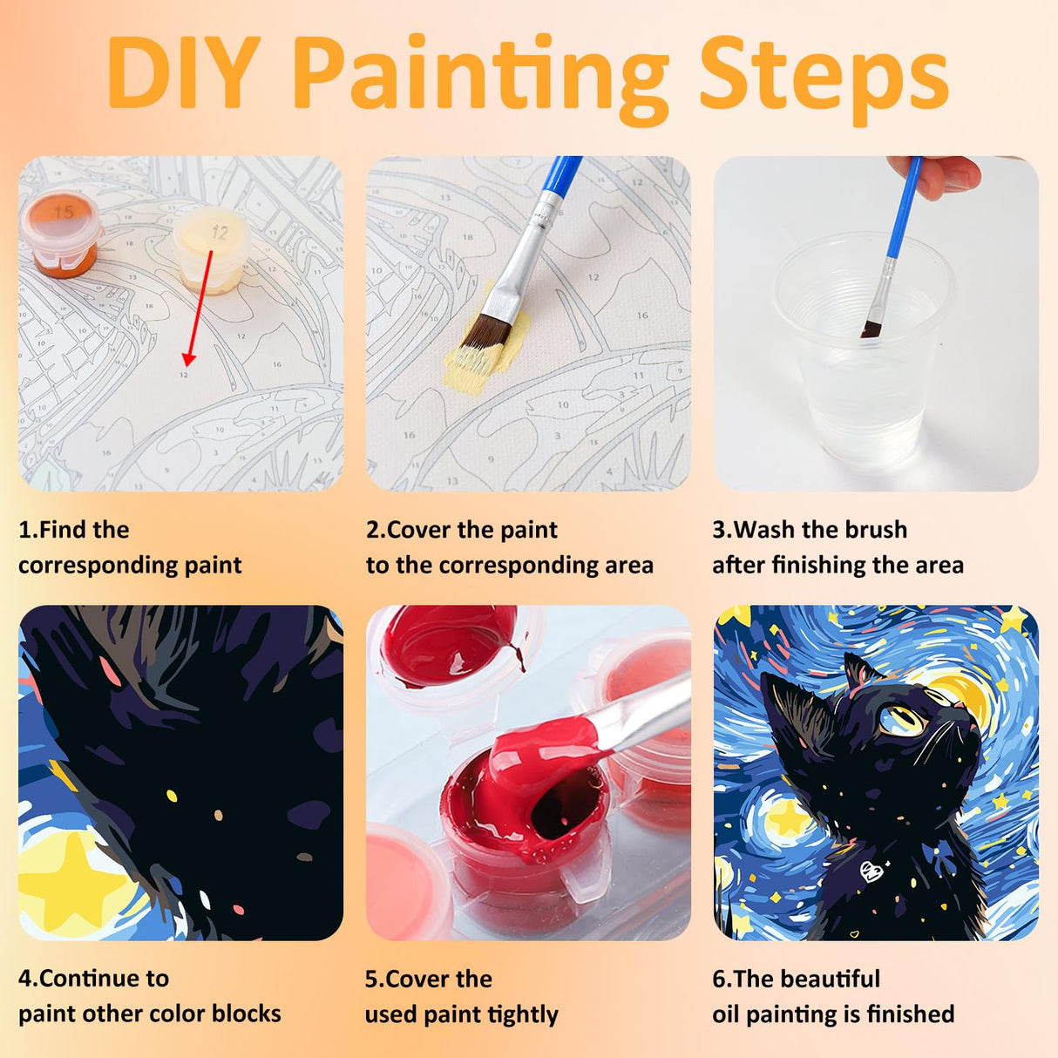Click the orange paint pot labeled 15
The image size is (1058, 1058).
click(61, 234)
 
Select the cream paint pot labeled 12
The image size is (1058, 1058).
click(210, 253)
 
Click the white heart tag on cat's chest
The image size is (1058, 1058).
click(870, 870)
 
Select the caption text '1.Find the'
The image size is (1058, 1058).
click(74, 530)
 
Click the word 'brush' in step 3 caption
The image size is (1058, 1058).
click(871, 530)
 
